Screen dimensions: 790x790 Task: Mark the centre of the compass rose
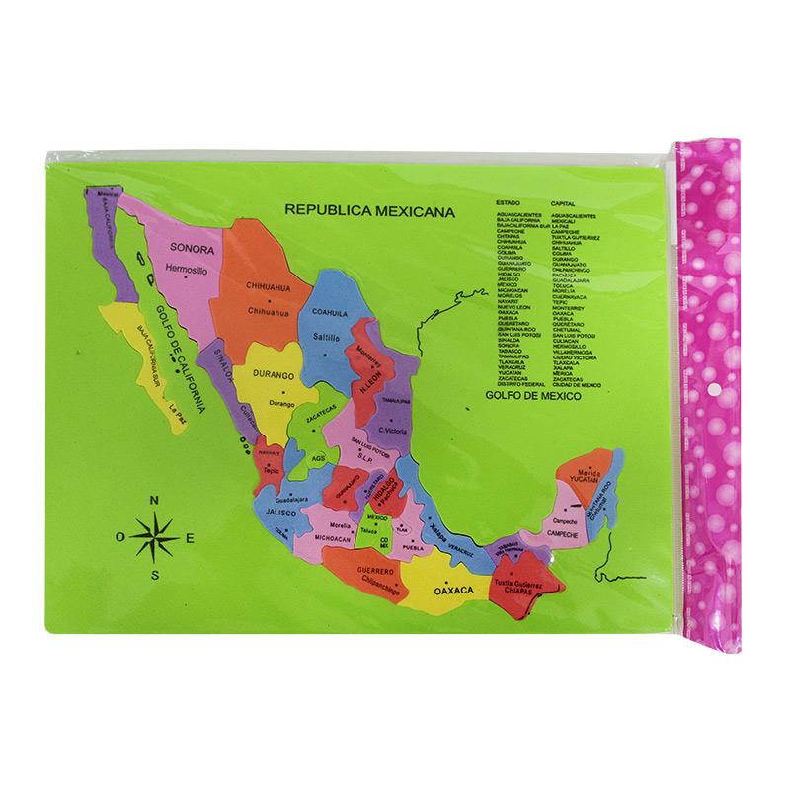click(155, 537)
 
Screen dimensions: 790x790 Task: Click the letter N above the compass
click(154, 501)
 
